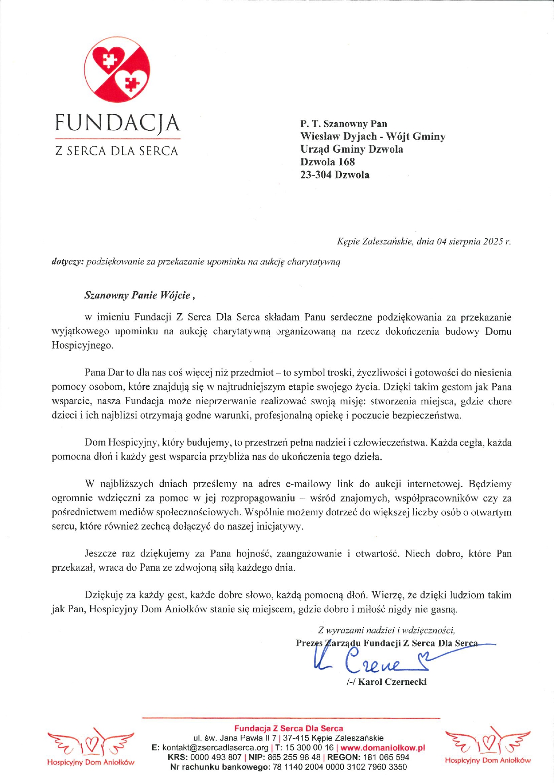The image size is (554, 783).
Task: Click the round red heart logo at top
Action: click(117, 70)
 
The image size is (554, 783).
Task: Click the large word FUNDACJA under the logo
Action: click(117, 123)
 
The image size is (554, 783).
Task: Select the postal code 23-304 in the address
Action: click(316, 175)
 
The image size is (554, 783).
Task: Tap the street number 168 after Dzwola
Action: click(346, 162)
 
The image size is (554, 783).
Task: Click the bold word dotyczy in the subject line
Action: click(67, 262)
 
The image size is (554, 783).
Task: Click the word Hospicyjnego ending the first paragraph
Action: click(83, 346)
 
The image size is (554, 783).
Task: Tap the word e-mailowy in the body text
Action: click(308, 484)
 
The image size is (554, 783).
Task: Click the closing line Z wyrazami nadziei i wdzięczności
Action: click(387, 630)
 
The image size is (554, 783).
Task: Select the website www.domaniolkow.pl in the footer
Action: click(383, 748)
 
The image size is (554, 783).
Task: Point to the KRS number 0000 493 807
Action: click(216, 758)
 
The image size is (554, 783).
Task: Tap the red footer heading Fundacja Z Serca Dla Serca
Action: click(288, 729)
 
